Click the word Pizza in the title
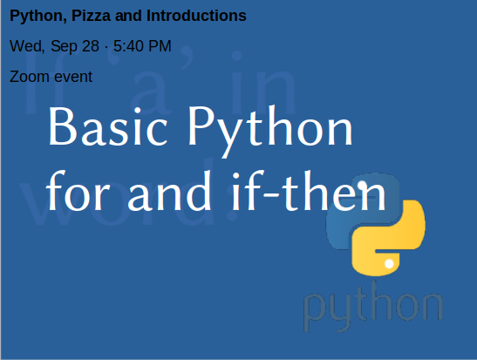[91, 16]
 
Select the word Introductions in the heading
[196, 16]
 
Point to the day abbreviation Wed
[27, 46]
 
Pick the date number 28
[91, 46]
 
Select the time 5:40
[126, 46]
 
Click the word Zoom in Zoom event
[29, 77]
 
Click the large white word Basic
[107, 126]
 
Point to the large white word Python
[270, 131]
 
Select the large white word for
[78, 191]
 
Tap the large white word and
[169, 191]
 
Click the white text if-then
[309, 191]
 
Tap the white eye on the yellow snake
[389, 263]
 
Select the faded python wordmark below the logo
[373, 306]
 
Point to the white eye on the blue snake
[362, 185]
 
